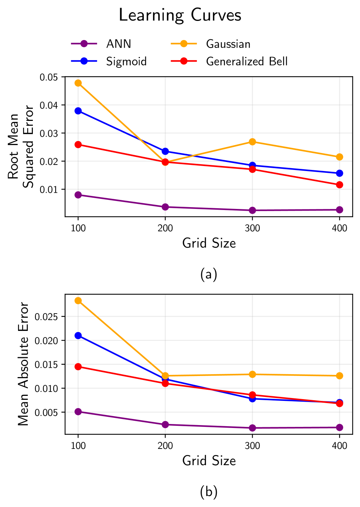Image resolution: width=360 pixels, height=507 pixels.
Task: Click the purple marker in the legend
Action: [x=84, y=44]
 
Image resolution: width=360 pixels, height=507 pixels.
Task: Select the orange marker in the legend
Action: [x=184, y=44]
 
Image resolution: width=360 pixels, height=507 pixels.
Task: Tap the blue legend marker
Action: [x=84, y=61]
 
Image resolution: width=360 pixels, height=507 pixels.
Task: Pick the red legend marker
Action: [x=184, y=61]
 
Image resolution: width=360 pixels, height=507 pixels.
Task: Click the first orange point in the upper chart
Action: [x=78, y=83]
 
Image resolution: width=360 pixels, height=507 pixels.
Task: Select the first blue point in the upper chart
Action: [x=78, y=111]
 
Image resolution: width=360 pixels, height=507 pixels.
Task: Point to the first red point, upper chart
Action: [x=78, y=145]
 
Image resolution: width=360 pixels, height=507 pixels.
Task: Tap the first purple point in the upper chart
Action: [x=78, y=195]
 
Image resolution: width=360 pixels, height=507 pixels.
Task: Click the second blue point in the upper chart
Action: [x=165, y=151]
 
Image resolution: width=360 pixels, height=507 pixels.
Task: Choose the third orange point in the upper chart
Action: [x=253, y=142]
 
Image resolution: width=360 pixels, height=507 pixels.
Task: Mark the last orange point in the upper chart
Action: [x=339, y=157]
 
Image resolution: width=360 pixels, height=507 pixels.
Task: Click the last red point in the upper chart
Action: [x=339, y=185]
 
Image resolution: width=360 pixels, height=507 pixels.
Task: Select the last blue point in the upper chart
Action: [x=339, y=173]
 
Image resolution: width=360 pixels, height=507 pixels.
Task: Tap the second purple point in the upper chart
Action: [x=165, y=207]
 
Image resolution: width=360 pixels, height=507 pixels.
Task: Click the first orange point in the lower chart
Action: [x=78, y=301]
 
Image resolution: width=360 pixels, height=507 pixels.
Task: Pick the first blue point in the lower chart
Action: [x=78, y=336]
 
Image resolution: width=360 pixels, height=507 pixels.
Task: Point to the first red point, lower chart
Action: [x=78, y=367]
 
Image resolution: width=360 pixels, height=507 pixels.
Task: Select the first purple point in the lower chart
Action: [x=78, y=412]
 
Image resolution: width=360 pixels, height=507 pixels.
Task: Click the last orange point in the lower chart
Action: [x=339, y=376]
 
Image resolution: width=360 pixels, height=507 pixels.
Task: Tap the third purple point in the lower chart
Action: [x=253, y=428]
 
